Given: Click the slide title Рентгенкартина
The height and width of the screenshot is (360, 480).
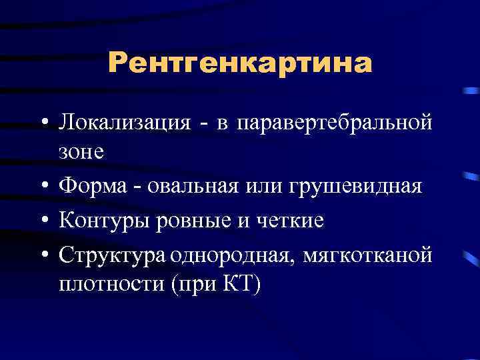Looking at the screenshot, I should (x=240, y=63).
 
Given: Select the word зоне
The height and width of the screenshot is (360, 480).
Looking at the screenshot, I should (x=81, y=153).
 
